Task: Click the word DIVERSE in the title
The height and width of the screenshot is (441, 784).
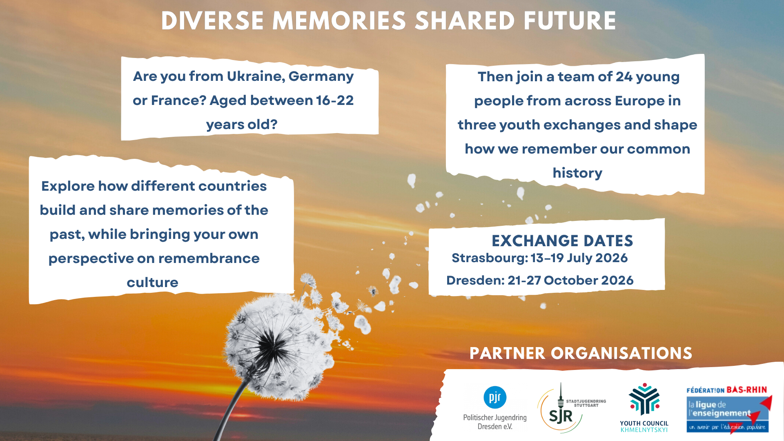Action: click(212, 21)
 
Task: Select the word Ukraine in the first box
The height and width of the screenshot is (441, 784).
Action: click(256, 76)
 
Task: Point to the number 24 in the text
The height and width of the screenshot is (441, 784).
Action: click(624, 77)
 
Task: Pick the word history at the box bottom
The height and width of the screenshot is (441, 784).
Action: click(577, 173)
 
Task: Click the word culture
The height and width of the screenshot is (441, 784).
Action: click(152, 283)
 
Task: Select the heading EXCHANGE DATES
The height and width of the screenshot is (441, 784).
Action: click(562, 241)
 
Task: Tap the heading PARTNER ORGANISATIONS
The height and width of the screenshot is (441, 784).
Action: click(581, 353)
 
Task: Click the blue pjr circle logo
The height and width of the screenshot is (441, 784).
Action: click(495, 397)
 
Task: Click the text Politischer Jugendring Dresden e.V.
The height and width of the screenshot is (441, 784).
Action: click(495, 422)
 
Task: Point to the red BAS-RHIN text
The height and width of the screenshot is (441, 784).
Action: click(747, 390)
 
